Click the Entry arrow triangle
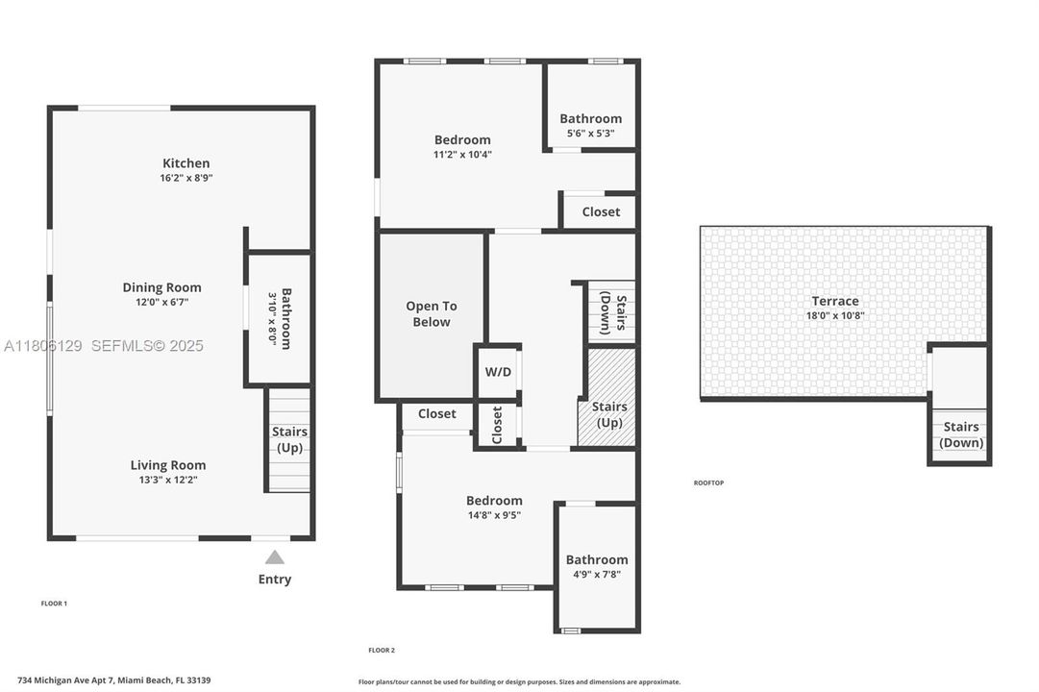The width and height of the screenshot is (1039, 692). click(x=275, y=556)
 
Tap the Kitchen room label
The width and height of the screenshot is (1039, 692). click(x=186, y=163)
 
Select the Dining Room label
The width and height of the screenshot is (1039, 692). click(x=161, y=287)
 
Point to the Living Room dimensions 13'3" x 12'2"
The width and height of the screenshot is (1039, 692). click(x=168, y=480)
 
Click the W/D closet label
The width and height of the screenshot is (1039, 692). click(x=497, y=371)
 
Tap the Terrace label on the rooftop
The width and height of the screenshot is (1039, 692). click(x=834, y=301)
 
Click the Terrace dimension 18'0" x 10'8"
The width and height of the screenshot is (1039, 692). click(x=834, y=315)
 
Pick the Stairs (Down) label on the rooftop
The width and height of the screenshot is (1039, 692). click(x=961, y=434)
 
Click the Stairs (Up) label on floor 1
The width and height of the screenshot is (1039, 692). click(x=289, y=440)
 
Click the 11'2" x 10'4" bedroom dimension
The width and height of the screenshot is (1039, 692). click(x=462, y=154)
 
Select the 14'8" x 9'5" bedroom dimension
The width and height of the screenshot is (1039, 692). click(x=494, y=514)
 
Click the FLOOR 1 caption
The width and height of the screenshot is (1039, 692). click(x=54, y=604)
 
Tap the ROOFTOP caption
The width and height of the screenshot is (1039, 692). click(x=708, y=482)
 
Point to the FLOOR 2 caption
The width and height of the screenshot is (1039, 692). click(x=382, y=651)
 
